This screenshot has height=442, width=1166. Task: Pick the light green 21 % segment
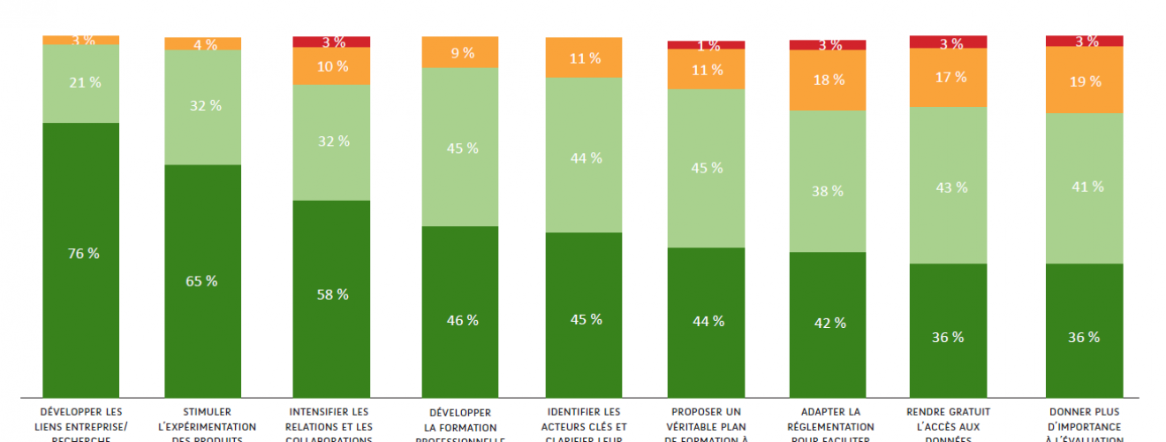tap(80, 83)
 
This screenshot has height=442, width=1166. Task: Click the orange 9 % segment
tap(461, 52)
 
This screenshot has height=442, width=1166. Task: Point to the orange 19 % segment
tap(1084, 80)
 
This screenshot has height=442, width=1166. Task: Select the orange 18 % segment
tap(827, 80)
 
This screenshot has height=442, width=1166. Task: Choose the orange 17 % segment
tap(948, 78)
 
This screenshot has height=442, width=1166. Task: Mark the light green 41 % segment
tap(1084, 187)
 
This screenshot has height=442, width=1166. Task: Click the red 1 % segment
tap(706, 45)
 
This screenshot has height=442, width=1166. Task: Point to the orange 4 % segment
tap(202, 44)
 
